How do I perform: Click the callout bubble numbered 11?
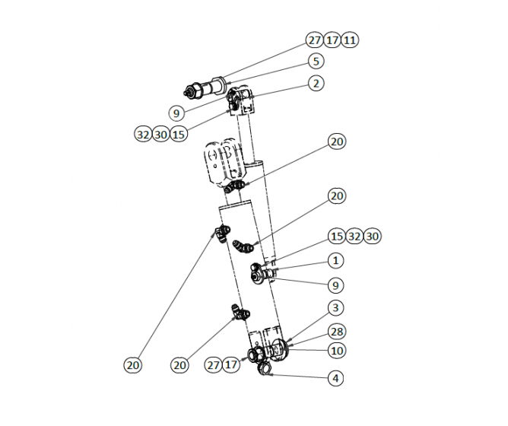350,40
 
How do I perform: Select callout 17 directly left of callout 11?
332,40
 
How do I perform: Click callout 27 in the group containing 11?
315,40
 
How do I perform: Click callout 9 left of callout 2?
176,113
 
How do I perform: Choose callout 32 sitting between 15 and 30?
354,237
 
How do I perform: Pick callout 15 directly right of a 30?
179,135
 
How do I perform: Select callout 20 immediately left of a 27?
179,365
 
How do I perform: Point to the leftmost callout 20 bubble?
133,365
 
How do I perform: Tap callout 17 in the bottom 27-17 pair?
230,365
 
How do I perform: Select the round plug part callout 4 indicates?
266,369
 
